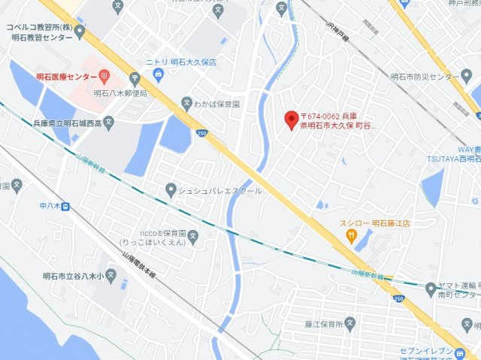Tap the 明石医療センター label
point(66,77)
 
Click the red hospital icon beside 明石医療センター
point(104,77)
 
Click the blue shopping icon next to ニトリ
point(158,74)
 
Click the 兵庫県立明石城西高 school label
point(67,121)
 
